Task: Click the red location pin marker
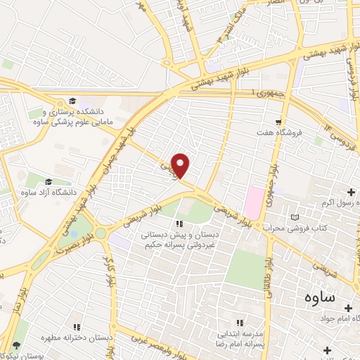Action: (181, 165)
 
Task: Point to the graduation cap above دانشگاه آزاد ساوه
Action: (48, 181)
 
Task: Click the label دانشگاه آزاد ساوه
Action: (48, 192)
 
